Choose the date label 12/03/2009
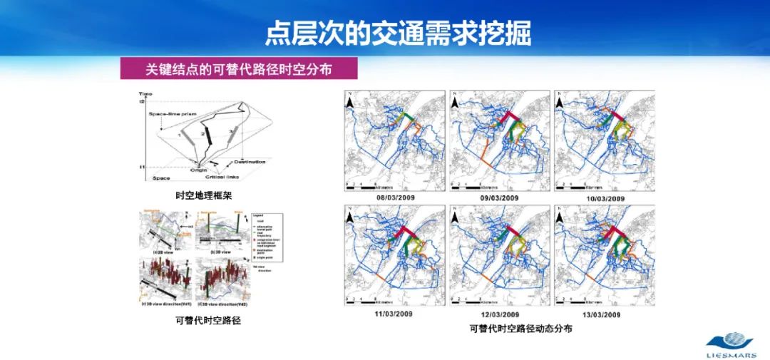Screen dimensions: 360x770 tap(499, 314)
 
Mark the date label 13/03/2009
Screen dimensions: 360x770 tap(605, 314)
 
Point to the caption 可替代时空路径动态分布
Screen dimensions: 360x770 tap(520, 329)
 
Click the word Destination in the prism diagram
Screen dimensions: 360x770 tap(250, 162)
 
